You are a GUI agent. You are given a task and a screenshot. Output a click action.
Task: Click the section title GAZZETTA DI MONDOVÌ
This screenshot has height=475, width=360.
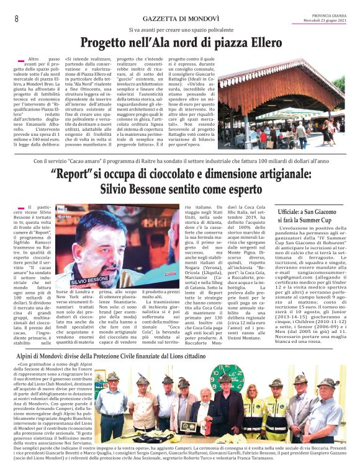pos(180,19)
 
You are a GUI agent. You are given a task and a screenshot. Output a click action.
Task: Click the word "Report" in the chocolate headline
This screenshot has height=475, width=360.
pos(76,174)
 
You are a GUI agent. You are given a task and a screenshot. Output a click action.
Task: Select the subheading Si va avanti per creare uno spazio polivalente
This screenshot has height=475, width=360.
pos(180,30)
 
